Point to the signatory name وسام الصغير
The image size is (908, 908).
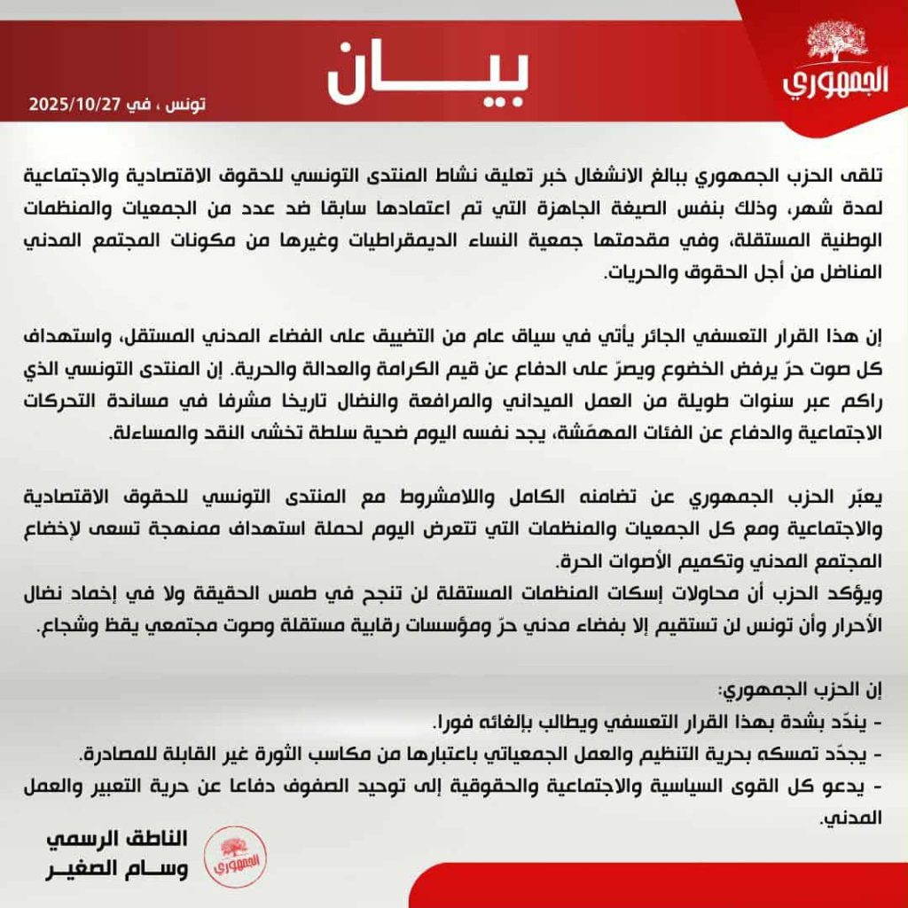coord(119,869)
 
